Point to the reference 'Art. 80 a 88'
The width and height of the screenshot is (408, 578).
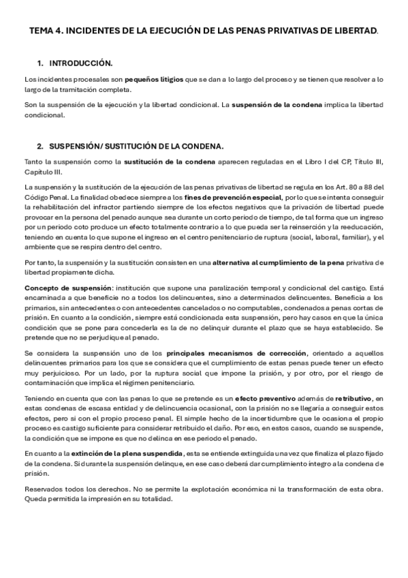pos(353,187)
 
